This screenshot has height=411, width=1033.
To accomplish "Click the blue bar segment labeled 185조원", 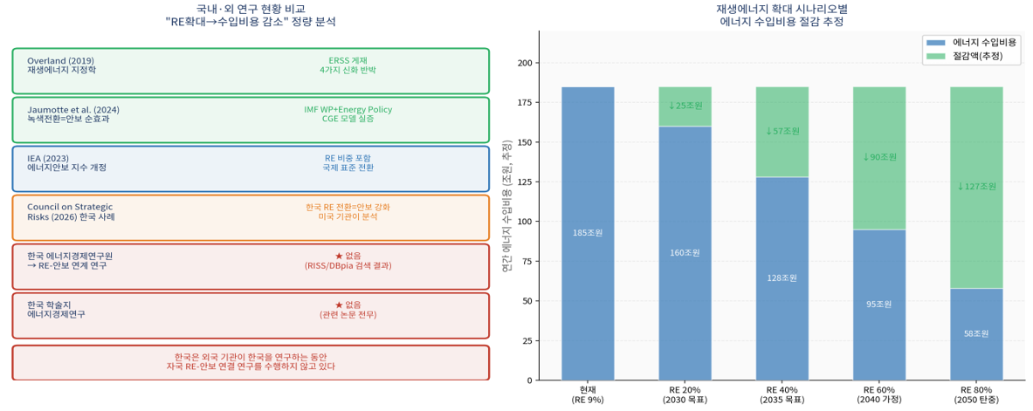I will (x=588, y=233).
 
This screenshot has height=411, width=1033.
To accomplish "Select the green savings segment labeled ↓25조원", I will (x=685, y=106).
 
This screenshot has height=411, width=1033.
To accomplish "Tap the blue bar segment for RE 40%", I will (x=782, y=278).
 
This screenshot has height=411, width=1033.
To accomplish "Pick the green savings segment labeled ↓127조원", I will (x=976, y=186).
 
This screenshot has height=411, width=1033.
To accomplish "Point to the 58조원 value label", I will (x=976, y=333).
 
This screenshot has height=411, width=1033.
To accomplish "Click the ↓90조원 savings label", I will (x=879, y=157).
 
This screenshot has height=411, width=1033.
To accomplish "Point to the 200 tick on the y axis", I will (x=523, y=63).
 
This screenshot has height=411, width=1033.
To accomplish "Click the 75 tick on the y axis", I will (x=526, y=261).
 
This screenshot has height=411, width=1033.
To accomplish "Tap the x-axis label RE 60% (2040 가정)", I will (x=879, y=394).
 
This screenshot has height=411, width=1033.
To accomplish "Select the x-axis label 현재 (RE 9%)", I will (x=588, y=394).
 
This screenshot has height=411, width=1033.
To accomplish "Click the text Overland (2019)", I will (x=62, y=61).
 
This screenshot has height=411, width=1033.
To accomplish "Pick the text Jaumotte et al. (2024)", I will (x=73, y=110).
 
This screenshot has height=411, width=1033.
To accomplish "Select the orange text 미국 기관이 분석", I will (x=348, y=216).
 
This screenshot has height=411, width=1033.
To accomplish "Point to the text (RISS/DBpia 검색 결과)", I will (x=348, y=265).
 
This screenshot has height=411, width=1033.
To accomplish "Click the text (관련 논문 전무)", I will (x=348, y=314).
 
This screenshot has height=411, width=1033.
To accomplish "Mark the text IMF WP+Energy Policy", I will (x=348, y=110).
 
